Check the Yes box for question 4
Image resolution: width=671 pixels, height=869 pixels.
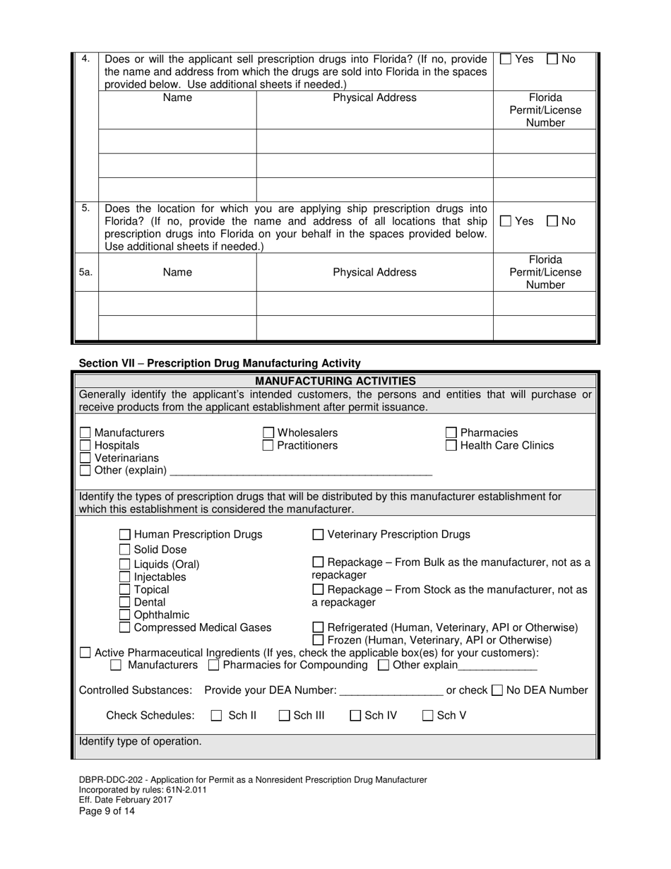[506, 59]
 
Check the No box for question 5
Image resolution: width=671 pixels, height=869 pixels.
[553, 221]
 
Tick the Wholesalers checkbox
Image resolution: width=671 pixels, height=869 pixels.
[268, 432]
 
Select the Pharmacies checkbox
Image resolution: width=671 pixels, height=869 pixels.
[451, 432]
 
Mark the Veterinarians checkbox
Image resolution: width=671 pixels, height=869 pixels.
[85, 458]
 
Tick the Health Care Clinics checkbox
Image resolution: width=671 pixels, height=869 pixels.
[451, 445]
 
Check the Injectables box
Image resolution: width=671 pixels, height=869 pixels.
[124, 577]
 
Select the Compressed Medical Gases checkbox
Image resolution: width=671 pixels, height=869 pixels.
[124, 627]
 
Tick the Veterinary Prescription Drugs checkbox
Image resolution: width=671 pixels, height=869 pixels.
[318, 535]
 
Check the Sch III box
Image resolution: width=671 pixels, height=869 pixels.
[285, 716]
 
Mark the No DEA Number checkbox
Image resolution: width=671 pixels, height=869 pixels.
[497, 690]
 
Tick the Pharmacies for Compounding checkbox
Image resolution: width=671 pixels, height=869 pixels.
[215, 666]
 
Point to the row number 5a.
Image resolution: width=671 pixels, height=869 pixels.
[85, 272]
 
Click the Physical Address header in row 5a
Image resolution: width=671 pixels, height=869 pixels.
[374, 272]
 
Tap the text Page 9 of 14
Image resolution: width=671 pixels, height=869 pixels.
[107, 811]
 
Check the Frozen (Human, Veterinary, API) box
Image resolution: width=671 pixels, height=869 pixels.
[318, 640]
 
